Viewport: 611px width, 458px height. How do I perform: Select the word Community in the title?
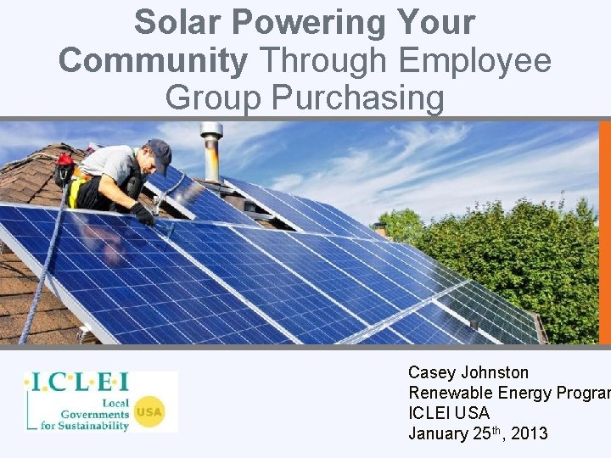click(x=153, y=61)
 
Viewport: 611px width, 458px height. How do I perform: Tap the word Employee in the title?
click(x=475, y=61)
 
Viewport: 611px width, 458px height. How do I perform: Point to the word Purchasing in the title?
click(x=357, y=98)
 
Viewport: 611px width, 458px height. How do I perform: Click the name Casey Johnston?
click(x=468, y=372)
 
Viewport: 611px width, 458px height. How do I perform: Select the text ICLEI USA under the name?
click(x=449, y=413)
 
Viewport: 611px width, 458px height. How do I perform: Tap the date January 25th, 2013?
click(x=478, y=433)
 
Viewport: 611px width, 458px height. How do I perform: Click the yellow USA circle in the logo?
click(x=149, y=413)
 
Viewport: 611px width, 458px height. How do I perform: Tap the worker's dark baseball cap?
click(x=159, y=154)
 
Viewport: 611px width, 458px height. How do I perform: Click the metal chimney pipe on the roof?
click(x=211, y=153)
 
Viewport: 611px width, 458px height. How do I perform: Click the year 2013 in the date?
click(x=530, y=434)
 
